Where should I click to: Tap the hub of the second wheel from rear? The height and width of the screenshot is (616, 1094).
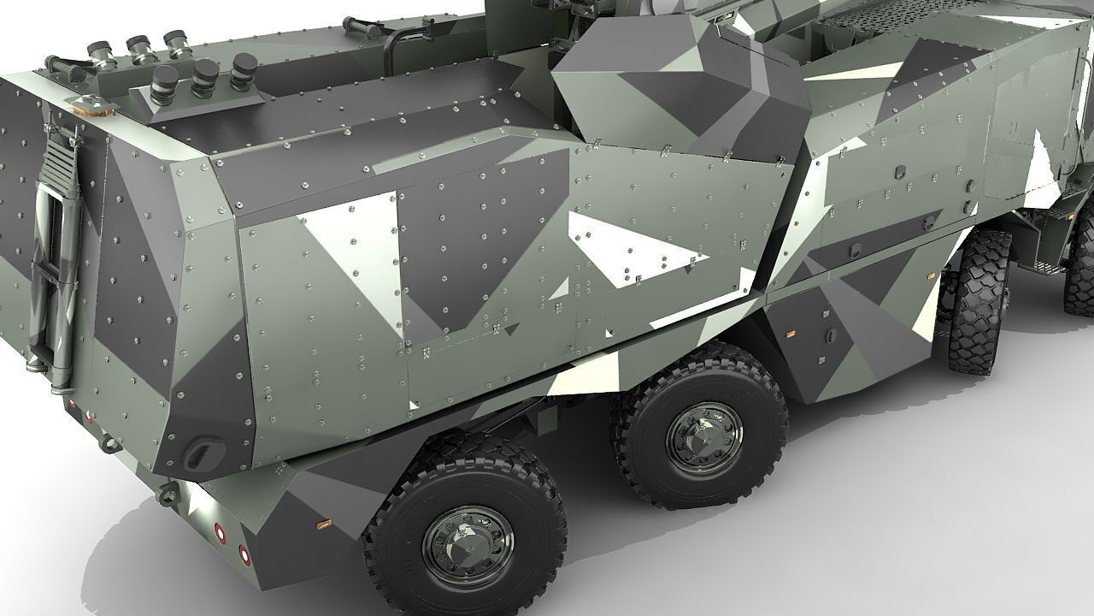point(704,437)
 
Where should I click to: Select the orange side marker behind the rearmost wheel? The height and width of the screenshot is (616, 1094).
point(323,522)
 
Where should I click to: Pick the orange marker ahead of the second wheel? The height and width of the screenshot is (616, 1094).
point(791,330)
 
